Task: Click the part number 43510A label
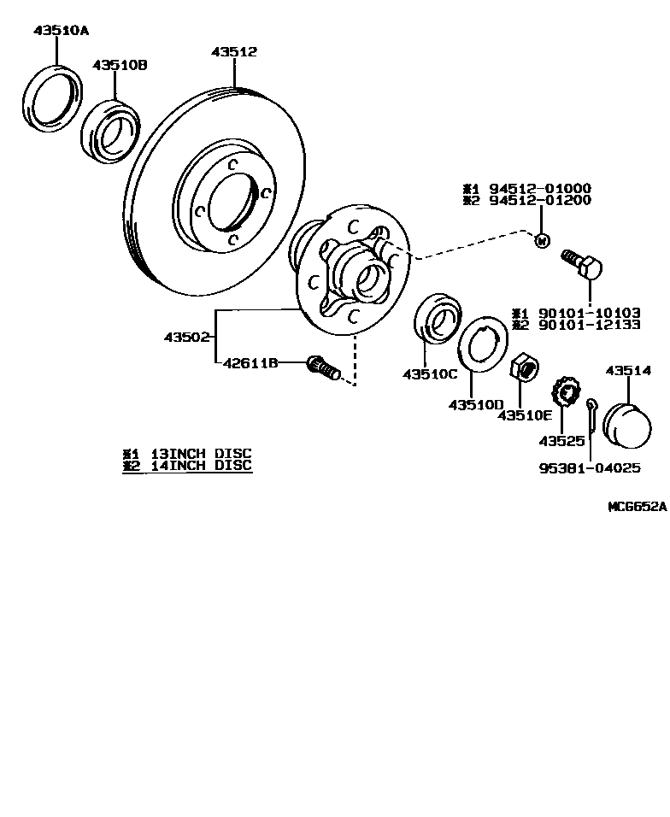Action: pyautogui.click(x=62, y=31)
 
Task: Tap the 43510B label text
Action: pyautogui.click(x=120, y=65)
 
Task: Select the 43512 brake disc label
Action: pyautogui.click(x=234, y=52)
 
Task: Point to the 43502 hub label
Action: pyautogui.click(x=186, y=338)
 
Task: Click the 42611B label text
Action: pyautogui.click(x=250, y=363)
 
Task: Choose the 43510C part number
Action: pyautogui.click(x=430, y=374)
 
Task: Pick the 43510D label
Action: pyautogui.click(x=476, y=404)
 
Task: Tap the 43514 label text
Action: pyautogui.click(x=628, y=371)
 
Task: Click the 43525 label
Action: pyautogui.click(x=561, y=441)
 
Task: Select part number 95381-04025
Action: pyautogui.click(x=590, y=468)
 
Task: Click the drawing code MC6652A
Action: pyautogui.click(x=637, y=506)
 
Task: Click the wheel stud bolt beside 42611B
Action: pyautogui.click(x=323, y=368)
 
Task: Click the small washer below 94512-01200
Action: pyautogui.click(x=540, y=241)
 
